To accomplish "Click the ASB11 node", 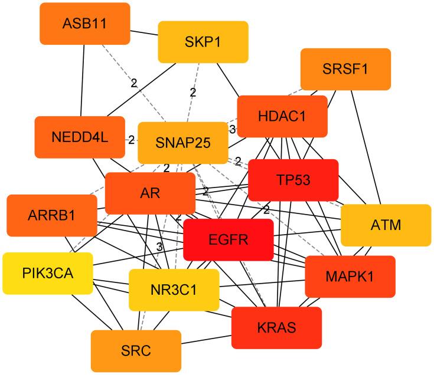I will [85, 24].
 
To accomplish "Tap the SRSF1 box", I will [345, 69].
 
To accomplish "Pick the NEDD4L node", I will [80, 137].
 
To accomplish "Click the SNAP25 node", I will [182, 143].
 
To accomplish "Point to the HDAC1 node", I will [282, 117].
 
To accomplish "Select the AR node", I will [150, 193].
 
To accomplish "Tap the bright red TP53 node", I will [293, 180].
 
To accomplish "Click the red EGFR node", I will [229, 239].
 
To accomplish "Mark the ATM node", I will [386, 225].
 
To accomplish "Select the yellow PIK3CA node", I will [48, 273].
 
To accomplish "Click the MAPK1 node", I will [350, 276].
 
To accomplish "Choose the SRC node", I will [136, 351].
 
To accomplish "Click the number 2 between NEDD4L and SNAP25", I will [131, 140].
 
